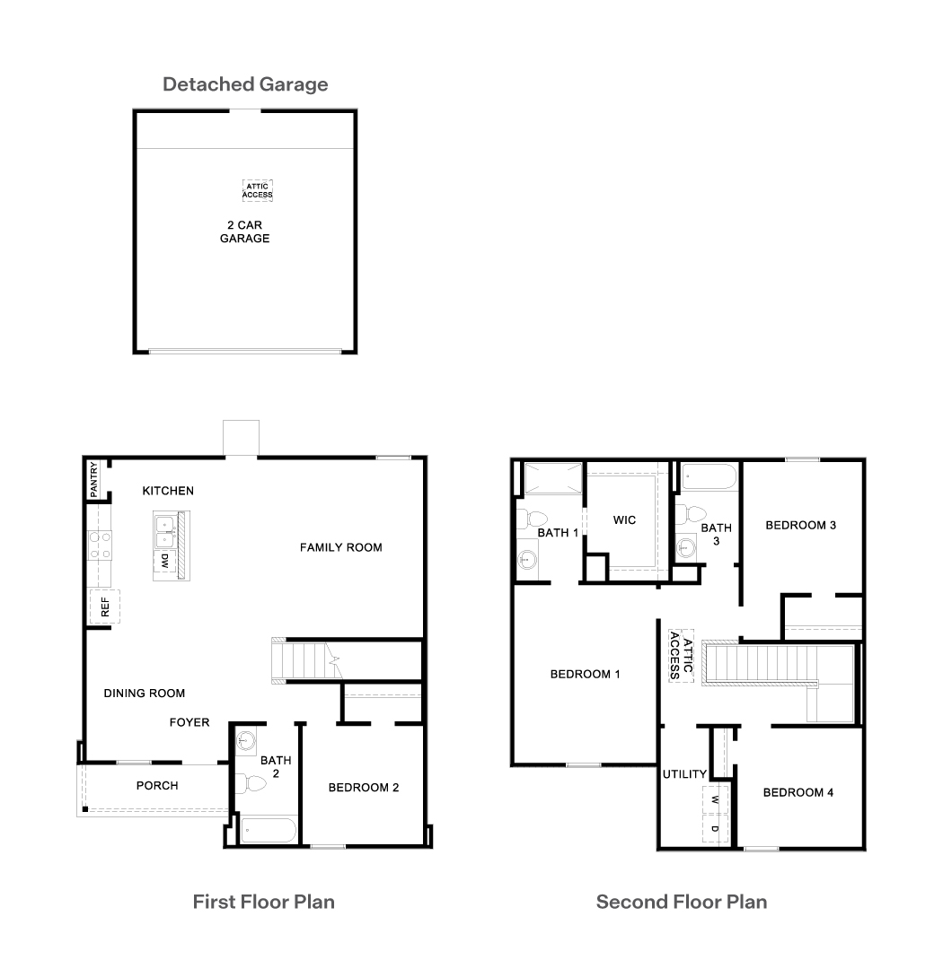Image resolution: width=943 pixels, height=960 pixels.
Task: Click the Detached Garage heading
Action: pyautogui.click(x=245, y=84)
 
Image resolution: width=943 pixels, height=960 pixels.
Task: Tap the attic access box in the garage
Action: pyautogui.click(x=258, y=190)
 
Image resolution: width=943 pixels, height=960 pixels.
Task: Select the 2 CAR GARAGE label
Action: pyautogui.click(x=245, y=231)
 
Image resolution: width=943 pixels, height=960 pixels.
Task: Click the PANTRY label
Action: pyautogui.click(x=93, y=480)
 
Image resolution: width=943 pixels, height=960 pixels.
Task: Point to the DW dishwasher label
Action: pyautogui.click(x=165, y=561)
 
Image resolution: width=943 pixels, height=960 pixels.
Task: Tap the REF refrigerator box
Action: pyautogui.click(x=105, y=607)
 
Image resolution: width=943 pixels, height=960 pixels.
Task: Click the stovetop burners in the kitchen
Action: pyautogui.click(x=100, y=545)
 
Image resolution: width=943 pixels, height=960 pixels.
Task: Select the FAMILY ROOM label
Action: pyautogui.click(x=340, y=547)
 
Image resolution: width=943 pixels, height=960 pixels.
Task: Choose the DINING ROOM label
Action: pyautogui.click(x=144, y=693)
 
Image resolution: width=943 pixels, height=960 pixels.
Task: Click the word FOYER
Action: pyautogui.click(x=189, y=722)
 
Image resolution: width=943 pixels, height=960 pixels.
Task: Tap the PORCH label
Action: pyautogui.click(x=157, y=786)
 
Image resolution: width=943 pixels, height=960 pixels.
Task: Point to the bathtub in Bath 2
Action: pyautogui.click(x=269, y=831)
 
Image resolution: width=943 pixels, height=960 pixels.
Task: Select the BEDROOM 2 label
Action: pyautogui.click(x=364, y=788)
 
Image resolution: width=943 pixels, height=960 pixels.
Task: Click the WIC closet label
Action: pyautogui.click(x=624, y=519)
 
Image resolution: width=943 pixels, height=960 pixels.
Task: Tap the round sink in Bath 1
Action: pyautogui.click(x=527, y=559)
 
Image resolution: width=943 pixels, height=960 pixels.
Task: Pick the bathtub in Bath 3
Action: pyautogui.click(x=709, y=476)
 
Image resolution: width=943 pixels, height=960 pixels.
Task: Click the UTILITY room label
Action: pyautogui.click(x=684, y=774)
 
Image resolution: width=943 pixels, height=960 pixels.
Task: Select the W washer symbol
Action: pyautogui.click(x=715, y=799)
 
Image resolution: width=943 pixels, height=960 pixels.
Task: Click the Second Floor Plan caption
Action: pyautogui.click(x=682, y=902)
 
